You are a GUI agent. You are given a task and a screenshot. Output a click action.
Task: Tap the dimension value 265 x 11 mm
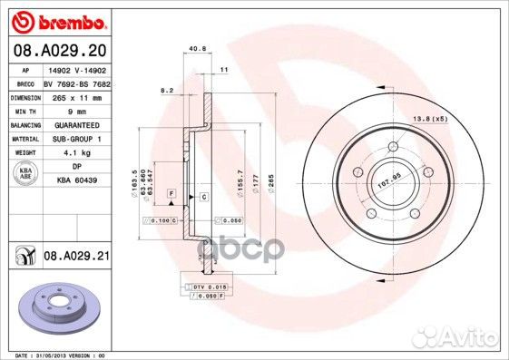click(x=77, y=96)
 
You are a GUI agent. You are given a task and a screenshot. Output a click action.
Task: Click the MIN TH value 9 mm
click(x=76, y=109)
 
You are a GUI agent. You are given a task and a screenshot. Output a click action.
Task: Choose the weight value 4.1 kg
click(x=76, y=152)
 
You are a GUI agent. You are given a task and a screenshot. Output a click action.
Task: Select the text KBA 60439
click(x=76, y=181)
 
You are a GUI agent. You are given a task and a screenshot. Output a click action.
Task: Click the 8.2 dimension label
click(x=166, y=90)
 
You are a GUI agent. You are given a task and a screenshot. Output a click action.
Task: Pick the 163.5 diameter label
click(x=135, y=178)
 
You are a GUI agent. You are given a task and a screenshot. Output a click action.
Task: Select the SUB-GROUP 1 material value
click(x=76, y=138)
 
